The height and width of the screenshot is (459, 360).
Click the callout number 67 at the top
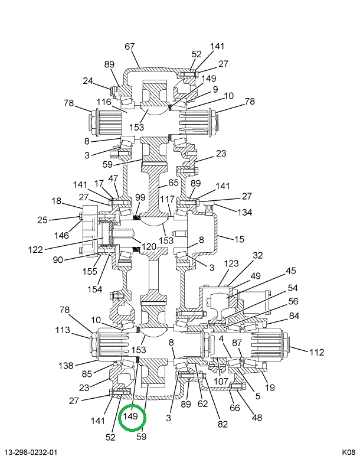coord(130,47)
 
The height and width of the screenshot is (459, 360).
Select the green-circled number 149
coord(130,416)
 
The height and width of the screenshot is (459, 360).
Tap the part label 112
coord(316,353)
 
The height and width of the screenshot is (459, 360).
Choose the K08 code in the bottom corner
coord(348,453)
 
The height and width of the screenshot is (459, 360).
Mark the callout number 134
coord(244,212)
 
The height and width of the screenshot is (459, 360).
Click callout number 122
coord(35,249)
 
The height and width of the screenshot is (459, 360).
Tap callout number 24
coord(88,82)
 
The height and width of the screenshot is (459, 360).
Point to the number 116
coord(104,102)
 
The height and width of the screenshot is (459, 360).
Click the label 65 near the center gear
coord(173,183)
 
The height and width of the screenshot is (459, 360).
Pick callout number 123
coord(231,263)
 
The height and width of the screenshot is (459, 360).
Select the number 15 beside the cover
coord(239,239)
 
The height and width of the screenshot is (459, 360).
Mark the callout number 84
coord(293,315)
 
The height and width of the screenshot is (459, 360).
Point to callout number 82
coord(222,423)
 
